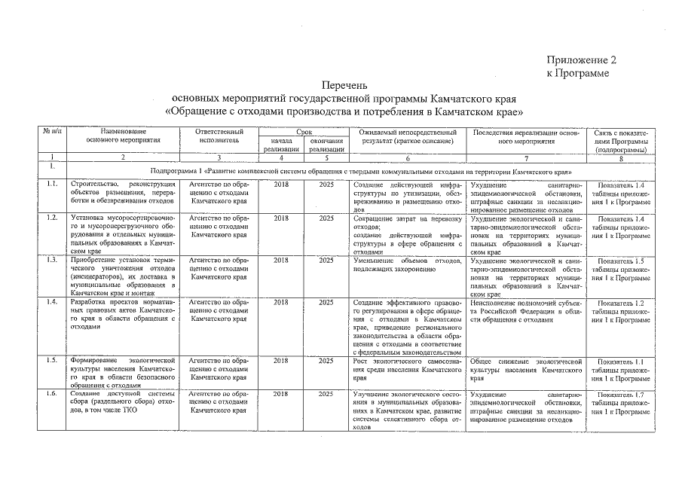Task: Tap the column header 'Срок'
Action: [304, 132]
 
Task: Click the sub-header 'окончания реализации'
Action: [326, 145]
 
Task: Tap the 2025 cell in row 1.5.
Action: [326, 361]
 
